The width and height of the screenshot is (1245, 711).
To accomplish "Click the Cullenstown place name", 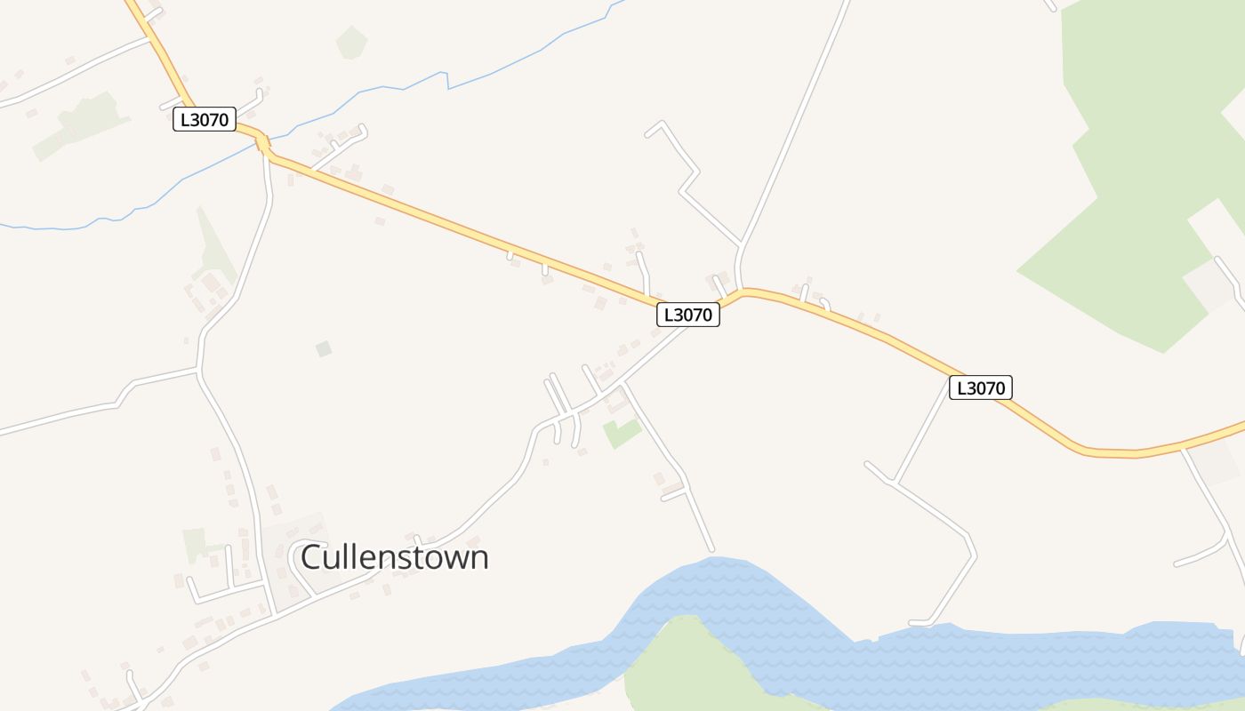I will click(x=395, y=558).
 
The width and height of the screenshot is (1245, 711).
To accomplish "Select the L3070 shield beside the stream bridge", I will click(x=205, y=120).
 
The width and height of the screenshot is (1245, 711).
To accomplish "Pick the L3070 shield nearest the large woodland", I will click(x=980, y=387).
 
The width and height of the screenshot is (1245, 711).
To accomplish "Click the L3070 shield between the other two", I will click(x=688, y=315).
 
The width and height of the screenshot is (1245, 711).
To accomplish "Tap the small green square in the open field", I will click(x=324, y=349).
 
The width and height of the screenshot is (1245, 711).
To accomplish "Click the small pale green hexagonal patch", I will click(x=352, y=42).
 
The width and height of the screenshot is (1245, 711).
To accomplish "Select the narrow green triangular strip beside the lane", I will click(x=213, y=249).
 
